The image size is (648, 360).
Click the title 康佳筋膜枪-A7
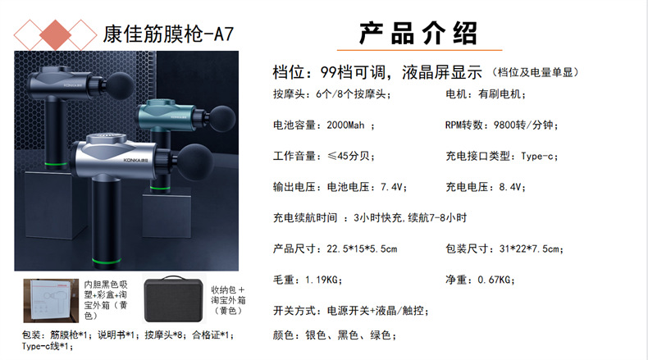point(168,34)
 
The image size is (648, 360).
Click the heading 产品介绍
point(418,33)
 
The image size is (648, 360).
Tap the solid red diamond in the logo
point(56,35)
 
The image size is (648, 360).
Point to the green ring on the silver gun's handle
point(107,261)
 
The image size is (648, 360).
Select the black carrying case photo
point(174,298)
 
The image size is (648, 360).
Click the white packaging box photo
point(51,300)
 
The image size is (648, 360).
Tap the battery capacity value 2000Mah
point(345,125)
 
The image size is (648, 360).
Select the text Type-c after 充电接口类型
point(536,157)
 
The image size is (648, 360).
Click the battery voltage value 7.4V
point(391,187)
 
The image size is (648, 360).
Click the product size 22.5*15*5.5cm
point(362,249)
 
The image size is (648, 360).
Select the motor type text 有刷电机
point(500,94)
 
